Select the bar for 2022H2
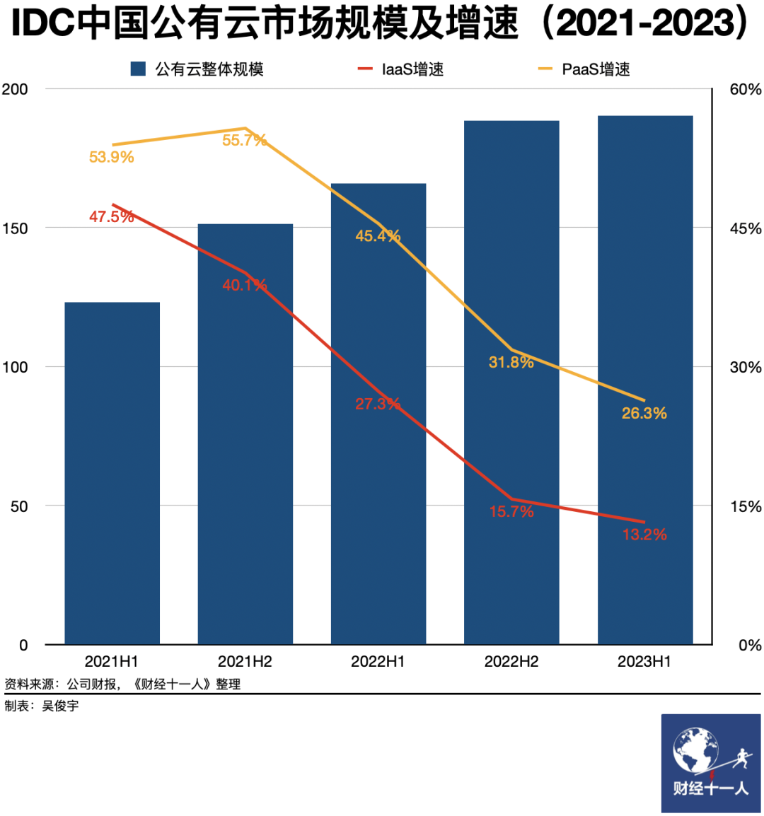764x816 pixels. pyautogui.click(x=511, y=424)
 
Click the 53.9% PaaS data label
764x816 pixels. pyautogui.click(x=111, y=157)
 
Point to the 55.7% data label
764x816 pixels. pyautogui.click(x=244, y=140)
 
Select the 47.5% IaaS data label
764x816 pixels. pyautogui.click(x=111, y=216)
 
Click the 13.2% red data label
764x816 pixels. pyautogui.click(x=644, y=535)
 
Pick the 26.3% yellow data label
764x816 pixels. pyautogui.click(x=644, y=413)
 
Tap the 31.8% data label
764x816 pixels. pyautogui.click(x=511, y=362)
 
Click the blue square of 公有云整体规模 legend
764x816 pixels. pyautogui.click(x=138, y=69)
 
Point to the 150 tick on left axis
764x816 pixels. pyautogui.click(x=15, y=228)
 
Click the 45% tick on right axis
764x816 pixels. pyautogui.click(x=745, y=228)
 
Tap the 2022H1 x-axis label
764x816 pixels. pyautogui.click(x=378, y=662)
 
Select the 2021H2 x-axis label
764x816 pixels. pyautogui.click(x=245, y=662)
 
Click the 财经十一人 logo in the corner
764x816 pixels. pyautogui.click(x=710, y=763)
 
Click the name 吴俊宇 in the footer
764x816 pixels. pyautogui.click(x=60, y=706)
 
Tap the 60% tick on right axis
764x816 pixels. pyautogui.click(x=745, y=89)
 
